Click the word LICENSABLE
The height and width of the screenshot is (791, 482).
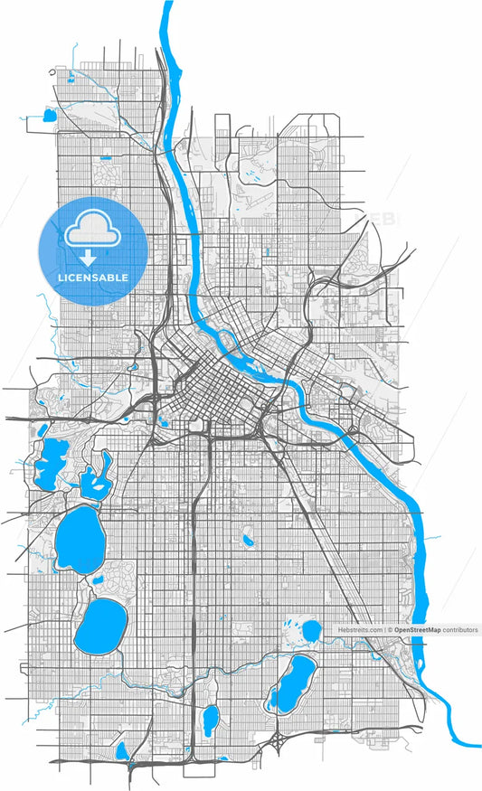(x=91, y=278)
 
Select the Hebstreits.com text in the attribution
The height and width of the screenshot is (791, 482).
(x=360, y=629)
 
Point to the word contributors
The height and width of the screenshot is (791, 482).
(x=460, y=629)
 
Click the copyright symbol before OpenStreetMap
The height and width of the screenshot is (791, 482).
(x=388, y=629)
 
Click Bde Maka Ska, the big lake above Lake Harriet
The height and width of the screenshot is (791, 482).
(x=77, y=537)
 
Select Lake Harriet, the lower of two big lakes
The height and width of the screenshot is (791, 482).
(x=99, y=627)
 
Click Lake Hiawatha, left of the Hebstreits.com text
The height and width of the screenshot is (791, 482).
(x=311, y=627)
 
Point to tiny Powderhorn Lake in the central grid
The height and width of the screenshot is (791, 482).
(x=247, y=541)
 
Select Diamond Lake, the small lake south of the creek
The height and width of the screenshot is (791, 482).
(x=210, y=718)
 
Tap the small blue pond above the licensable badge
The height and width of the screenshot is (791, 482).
(x=47, y=116)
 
